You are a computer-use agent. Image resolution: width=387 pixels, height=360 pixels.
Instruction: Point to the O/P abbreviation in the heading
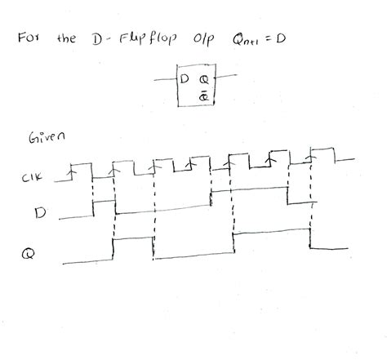[x=202, y=39]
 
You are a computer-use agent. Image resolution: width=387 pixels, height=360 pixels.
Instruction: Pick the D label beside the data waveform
[x=38, y=214]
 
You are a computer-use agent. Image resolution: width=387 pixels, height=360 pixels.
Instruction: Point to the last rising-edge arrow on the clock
[x=308, y=153]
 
